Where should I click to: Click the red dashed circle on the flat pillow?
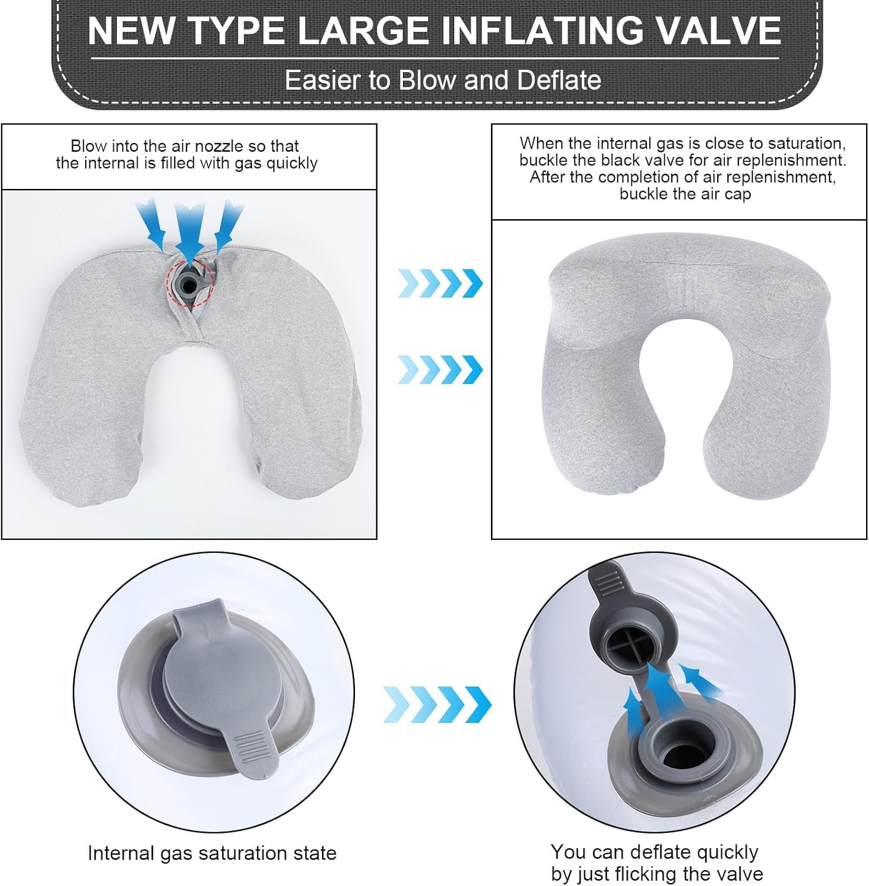[x=190, y=284]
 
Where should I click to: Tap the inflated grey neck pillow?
[x=685, y=366]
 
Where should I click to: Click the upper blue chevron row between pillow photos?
[x=440, y=283]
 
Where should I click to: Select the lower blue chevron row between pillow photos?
[x=440, y=370]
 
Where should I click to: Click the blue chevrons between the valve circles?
[x=437, y=704]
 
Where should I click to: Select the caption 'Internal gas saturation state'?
[x=211, y=853]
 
